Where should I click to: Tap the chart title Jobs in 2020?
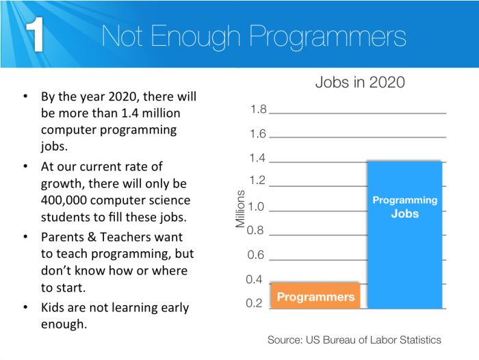click(359, 83)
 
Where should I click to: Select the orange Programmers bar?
click(315, 296)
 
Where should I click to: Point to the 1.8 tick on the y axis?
click(258, 110)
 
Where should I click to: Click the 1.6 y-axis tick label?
click(258, 134)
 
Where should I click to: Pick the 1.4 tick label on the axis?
click(258, 159)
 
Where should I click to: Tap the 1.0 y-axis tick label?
click(256, 206)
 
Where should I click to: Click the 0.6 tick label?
click(256, 255)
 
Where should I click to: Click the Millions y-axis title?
click(240, 209)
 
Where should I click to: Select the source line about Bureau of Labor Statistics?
click(354, 339)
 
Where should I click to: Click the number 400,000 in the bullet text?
click(66, 201)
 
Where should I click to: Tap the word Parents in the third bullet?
click(63, 236)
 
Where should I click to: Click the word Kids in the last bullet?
click(53, 307)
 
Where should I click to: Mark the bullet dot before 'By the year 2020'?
click(25, 95)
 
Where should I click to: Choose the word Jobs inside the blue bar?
click(404, 214)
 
